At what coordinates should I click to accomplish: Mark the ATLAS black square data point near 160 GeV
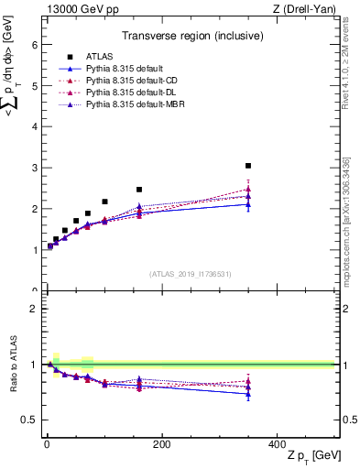pos(139,190)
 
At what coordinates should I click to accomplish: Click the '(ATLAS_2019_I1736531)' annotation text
pos(190,273)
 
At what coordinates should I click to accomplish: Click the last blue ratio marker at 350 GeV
pos(248,394)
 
